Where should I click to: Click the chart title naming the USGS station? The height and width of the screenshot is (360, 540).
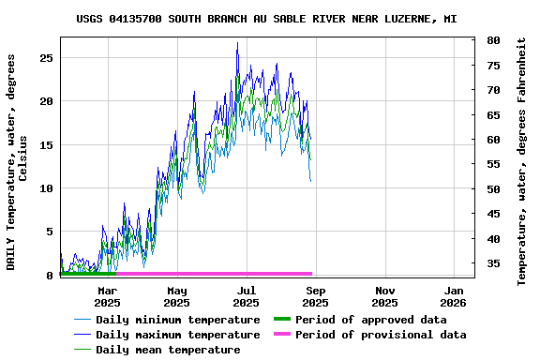pyautogui.click(x=266, y=19)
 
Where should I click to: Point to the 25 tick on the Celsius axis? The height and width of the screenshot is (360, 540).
pyautogui.click(x=45, y=58)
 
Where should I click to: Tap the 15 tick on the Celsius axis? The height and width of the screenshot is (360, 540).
pyautogui.click(x=45, y=145)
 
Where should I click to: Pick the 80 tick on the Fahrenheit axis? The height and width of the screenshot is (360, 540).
pyautogui.click(x=493, y=41)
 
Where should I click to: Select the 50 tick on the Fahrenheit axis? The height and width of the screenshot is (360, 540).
pyautogui.click(x=493, y=189)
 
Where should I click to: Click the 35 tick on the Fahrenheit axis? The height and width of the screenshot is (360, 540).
pyautogui.click(x=493, y=264)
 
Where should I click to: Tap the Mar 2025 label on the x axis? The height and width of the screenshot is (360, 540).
pyautogui.click(x=107, y=296)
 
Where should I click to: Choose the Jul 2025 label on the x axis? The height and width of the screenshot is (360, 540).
pyautogui.click(x=246, y=296)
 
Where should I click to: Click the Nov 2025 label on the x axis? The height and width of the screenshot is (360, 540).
pyautogui.click(x=384, y=296)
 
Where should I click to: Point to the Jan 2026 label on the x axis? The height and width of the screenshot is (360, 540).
pyautogui.click(x=454, y=296)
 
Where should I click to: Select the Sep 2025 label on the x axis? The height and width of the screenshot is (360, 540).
pyautogui.click(x=315, y=296)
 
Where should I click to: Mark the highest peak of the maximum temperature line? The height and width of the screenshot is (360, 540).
pyautogui.click(x=237, y=42)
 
